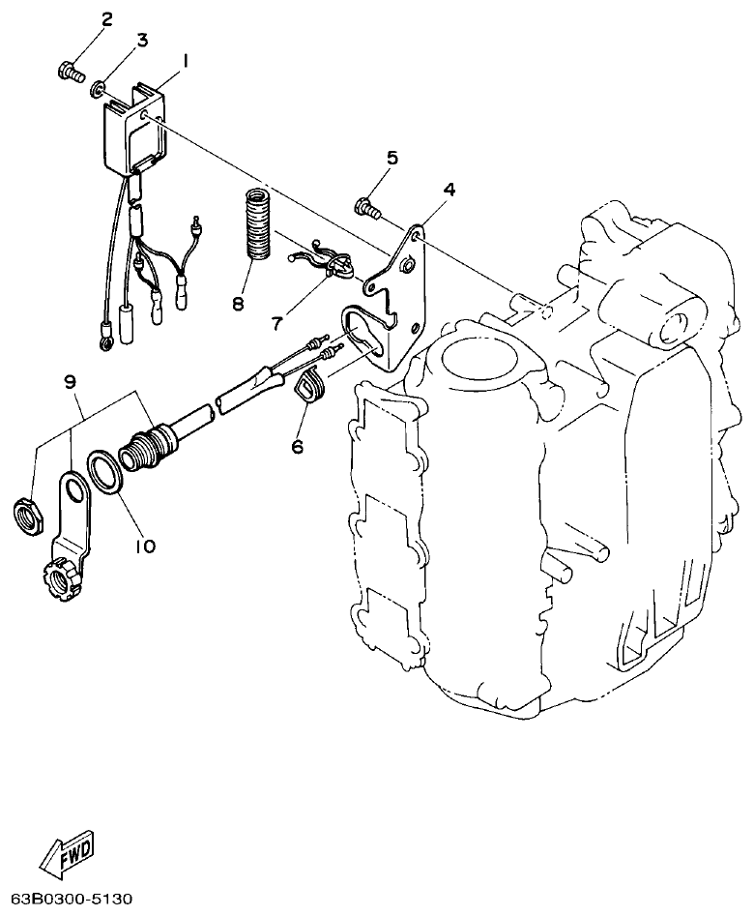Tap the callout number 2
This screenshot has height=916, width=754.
point(105,19)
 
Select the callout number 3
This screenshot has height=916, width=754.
point(141,40)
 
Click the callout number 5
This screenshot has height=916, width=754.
point(391,158)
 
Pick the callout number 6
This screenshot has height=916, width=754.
point(298,446)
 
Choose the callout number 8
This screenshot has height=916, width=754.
point(238,303)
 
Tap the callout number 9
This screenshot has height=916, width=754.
point(70,382)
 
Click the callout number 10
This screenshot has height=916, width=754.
point(145,547)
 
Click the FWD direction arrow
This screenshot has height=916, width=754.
point(68,853)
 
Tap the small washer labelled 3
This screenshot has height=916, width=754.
point(99,90)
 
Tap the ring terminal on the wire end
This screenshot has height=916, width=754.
point(103,340)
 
